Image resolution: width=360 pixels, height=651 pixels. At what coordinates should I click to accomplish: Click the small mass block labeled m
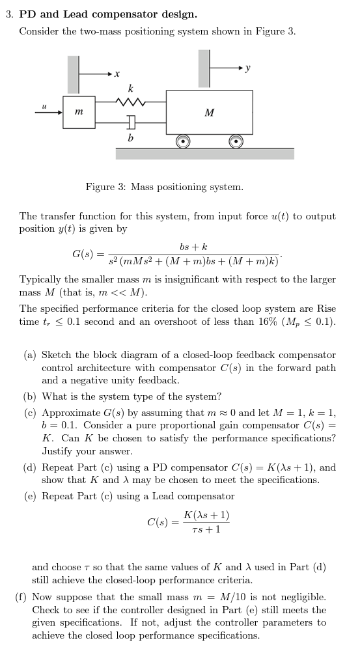click(78, 113)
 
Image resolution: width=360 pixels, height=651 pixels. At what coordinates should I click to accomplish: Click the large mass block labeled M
click(209, 113)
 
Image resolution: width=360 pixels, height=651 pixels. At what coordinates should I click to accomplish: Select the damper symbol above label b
click(132, 122)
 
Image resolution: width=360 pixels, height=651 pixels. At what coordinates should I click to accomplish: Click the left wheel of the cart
click(184, 141)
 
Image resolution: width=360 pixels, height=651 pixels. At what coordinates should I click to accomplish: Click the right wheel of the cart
click(235, 141)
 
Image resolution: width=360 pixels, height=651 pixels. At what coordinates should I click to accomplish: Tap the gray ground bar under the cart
click(204, 154)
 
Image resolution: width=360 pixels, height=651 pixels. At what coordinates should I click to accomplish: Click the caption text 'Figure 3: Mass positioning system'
click(165, 187)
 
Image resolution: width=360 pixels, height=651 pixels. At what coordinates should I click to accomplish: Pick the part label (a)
click(30, 355)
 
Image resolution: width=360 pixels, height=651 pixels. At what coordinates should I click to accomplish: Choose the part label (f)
click(21, 597)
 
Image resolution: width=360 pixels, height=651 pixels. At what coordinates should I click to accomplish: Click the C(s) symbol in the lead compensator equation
click(160, 522)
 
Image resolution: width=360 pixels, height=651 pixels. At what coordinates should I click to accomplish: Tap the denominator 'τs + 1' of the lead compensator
click(206, 529)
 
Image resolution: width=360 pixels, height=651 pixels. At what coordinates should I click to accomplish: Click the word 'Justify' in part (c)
click(58, 451)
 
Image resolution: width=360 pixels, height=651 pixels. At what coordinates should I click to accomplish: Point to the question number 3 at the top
click(8, 14)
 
